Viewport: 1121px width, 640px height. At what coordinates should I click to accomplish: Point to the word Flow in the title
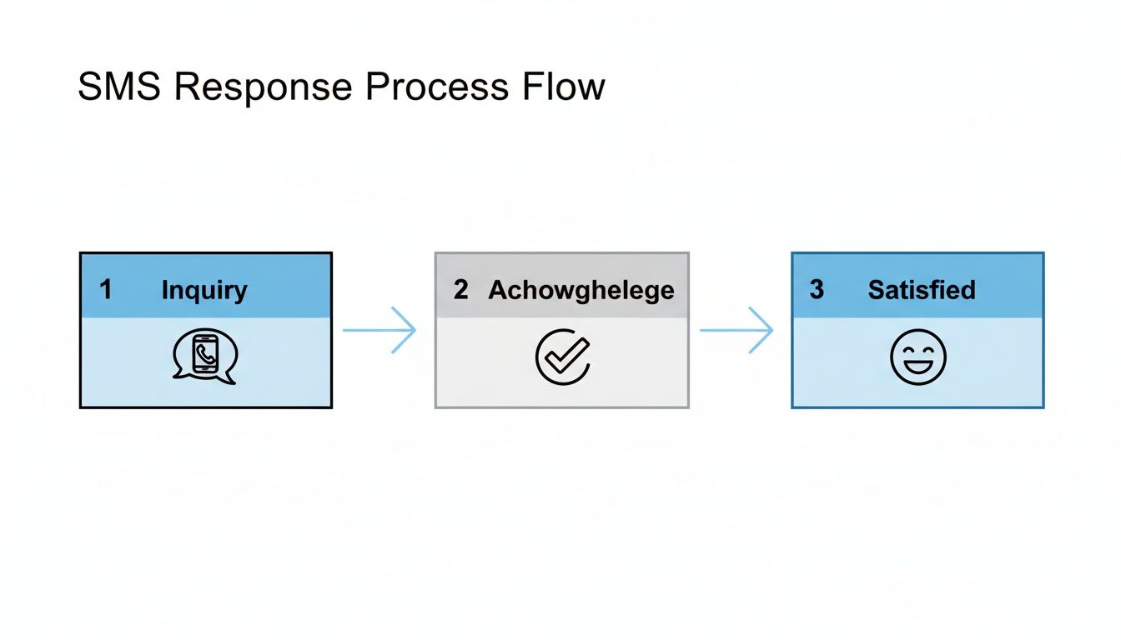[564, 87]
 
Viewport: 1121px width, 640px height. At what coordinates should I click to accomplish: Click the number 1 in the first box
[106, 290]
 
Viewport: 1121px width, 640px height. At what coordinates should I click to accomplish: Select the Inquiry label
[204, 291]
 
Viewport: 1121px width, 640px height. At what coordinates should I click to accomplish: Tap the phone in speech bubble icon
[205, 358]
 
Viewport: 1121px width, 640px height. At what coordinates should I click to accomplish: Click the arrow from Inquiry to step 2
[380, 331]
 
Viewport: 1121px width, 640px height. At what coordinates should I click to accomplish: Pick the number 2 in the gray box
[461, 290]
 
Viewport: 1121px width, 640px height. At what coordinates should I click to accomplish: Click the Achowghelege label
[581, 291]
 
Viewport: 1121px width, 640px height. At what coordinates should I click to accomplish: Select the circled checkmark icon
[562, 358]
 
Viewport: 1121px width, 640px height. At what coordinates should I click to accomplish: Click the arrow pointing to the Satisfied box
[736, 331]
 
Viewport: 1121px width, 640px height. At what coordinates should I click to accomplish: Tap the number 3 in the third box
[817, 290]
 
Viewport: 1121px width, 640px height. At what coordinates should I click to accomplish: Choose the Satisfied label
[922, 291]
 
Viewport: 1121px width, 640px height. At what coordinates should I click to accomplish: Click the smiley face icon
[918, 357]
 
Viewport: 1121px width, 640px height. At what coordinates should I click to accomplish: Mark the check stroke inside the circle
[566, 357]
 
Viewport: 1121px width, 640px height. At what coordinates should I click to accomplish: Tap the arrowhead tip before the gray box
[415, 331]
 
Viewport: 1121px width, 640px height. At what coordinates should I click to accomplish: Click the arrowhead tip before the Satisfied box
[772, 331]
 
